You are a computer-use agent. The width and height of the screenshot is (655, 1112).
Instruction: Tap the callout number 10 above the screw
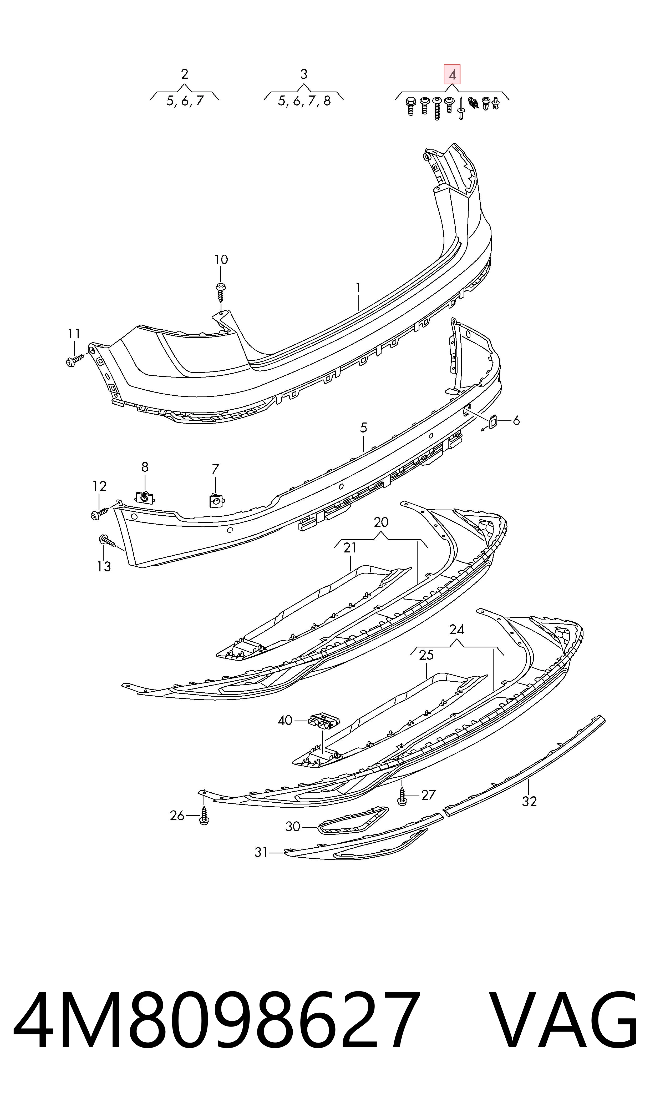[x=221, y=260]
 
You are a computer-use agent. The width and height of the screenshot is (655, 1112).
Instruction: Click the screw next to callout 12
[x=99, y=513]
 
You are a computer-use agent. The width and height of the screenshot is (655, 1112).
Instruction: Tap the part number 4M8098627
[x=216, y=1029]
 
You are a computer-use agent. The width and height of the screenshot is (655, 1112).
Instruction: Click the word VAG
[x=565, y=1029]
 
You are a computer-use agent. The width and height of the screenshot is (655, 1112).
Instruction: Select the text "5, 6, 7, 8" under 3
[x=304, y=101]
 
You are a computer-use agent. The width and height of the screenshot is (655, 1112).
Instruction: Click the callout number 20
[x=381, y=522]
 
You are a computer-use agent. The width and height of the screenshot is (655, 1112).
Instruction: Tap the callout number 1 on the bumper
[x=358, y=288]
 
